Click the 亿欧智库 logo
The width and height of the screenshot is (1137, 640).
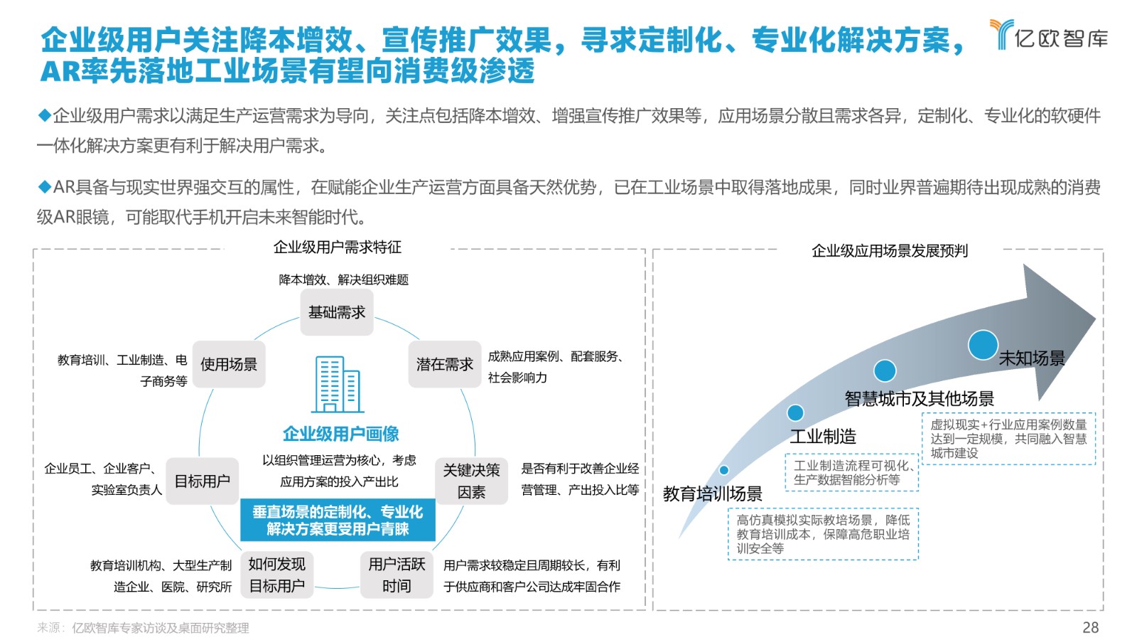[x=1049, y=35]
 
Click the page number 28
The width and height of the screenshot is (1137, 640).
[x=1090, y=627]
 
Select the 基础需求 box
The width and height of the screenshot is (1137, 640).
[x=337, y=312]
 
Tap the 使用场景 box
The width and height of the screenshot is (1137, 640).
[x=229, y=364]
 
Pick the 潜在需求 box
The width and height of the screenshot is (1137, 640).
[x=445, y=364]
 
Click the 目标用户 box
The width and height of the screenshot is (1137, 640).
[x=202, y=481]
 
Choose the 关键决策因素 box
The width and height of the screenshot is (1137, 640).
[x=472, y=481]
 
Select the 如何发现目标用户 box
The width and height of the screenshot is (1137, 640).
[x=276, y=575]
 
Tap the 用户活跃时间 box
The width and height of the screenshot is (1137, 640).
[x=397, y=575]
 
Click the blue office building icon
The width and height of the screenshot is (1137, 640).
[x=338, y=385]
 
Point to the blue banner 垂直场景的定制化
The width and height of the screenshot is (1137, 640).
[x=338, y=520]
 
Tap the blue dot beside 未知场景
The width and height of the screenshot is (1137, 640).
[x=983, y=345]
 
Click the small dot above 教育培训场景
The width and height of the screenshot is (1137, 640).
[x=724, y=470]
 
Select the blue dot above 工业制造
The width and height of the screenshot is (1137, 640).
[x=795, y=412]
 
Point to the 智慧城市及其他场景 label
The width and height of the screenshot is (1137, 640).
[x=920, y=399]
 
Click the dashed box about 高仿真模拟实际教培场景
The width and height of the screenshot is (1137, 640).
[x=823, y=534]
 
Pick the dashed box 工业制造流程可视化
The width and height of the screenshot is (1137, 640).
[x=852, y=472]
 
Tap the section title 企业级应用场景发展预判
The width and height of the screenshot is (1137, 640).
[x=890, y=251]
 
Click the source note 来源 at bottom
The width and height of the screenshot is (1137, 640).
[x=143, y=629]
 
